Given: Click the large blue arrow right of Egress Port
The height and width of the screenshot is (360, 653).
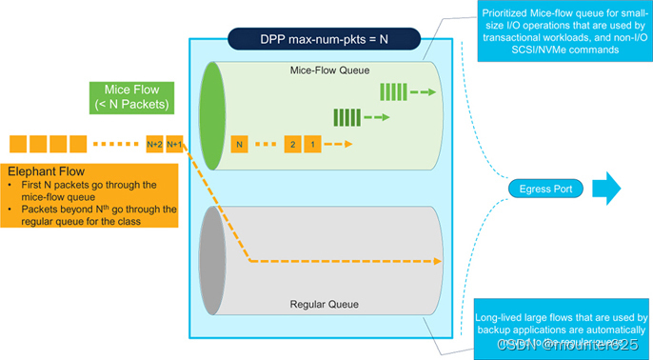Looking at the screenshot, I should coord(606,188).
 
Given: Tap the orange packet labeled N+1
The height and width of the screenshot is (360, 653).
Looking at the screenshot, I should coord(175,144).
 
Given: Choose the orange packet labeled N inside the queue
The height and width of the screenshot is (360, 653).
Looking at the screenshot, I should coord(241,144).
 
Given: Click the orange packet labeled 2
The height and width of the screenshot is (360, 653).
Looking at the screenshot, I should coord(293,144).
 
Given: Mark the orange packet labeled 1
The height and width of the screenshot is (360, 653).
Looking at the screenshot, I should coord(313,144).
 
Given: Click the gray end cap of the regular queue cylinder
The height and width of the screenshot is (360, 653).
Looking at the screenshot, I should coord(210,260).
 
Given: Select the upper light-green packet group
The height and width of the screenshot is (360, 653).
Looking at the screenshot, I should coord(393,92).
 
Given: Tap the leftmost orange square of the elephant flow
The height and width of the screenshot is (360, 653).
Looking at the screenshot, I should coord(18,144).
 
